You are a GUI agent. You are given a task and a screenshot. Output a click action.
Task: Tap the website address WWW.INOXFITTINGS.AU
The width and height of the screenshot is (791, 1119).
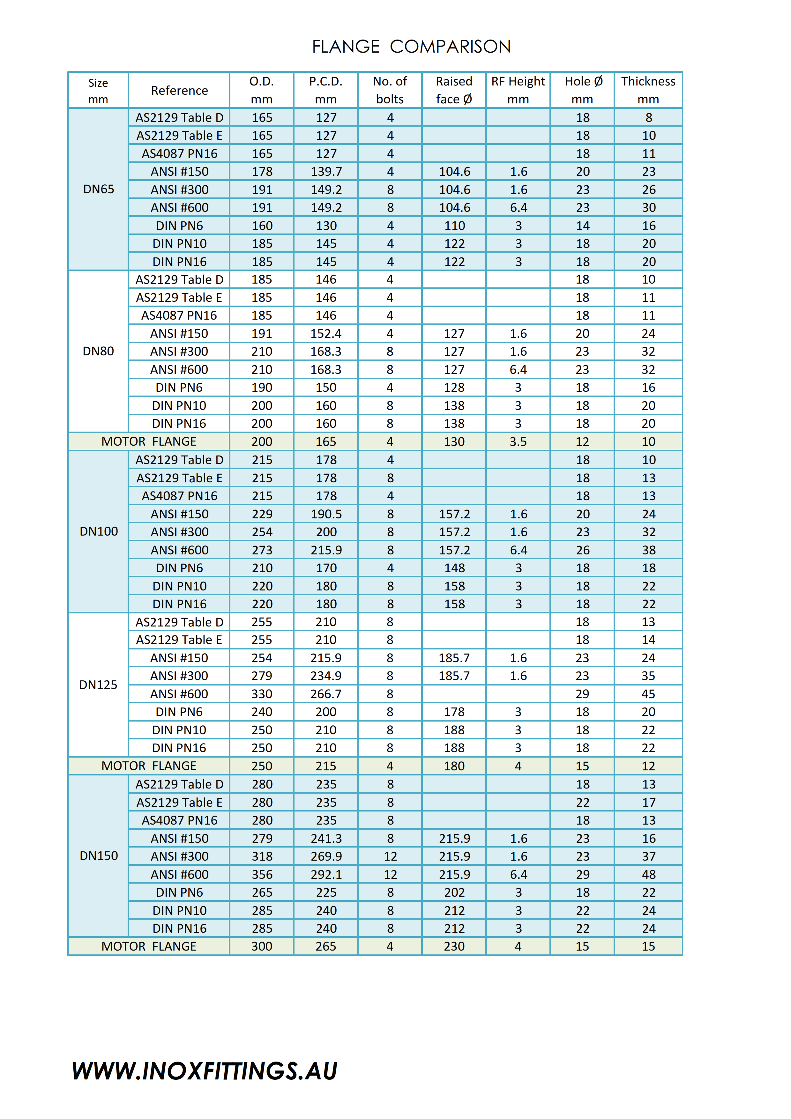[x=205, y=1071]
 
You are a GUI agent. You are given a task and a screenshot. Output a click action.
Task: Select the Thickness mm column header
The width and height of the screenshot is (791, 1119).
[x=648, y=90]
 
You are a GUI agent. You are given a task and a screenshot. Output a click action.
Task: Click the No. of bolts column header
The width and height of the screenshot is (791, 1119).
[x=390, y=90]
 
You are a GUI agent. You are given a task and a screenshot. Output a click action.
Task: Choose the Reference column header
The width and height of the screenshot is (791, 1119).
[x=179, y=91]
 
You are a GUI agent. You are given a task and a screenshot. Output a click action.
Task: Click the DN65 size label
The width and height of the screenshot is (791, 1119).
[x=99, y=189]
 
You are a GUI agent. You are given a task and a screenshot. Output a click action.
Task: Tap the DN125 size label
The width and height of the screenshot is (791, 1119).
[x=99, y=685]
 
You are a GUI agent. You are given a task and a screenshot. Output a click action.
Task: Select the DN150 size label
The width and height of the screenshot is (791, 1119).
[x=99, y=856]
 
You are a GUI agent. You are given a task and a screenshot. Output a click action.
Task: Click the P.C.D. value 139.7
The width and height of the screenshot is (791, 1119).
[x=326, y=172]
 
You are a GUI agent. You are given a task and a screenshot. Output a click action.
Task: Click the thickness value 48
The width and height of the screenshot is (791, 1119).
[x=648, y=874]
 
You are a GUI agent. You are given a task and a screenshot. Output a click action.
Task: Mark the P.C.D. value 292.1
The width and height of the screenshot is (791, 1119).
[x=326, y=874]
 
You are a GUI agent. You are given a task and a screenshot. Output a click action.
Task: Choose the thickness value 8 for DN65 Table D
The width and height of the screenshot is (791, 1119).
[x=648, y=117]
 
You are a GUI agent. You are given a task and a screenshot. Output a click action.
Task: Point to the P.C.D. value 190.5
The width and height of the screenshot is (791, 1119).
[x=326, y=514]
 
